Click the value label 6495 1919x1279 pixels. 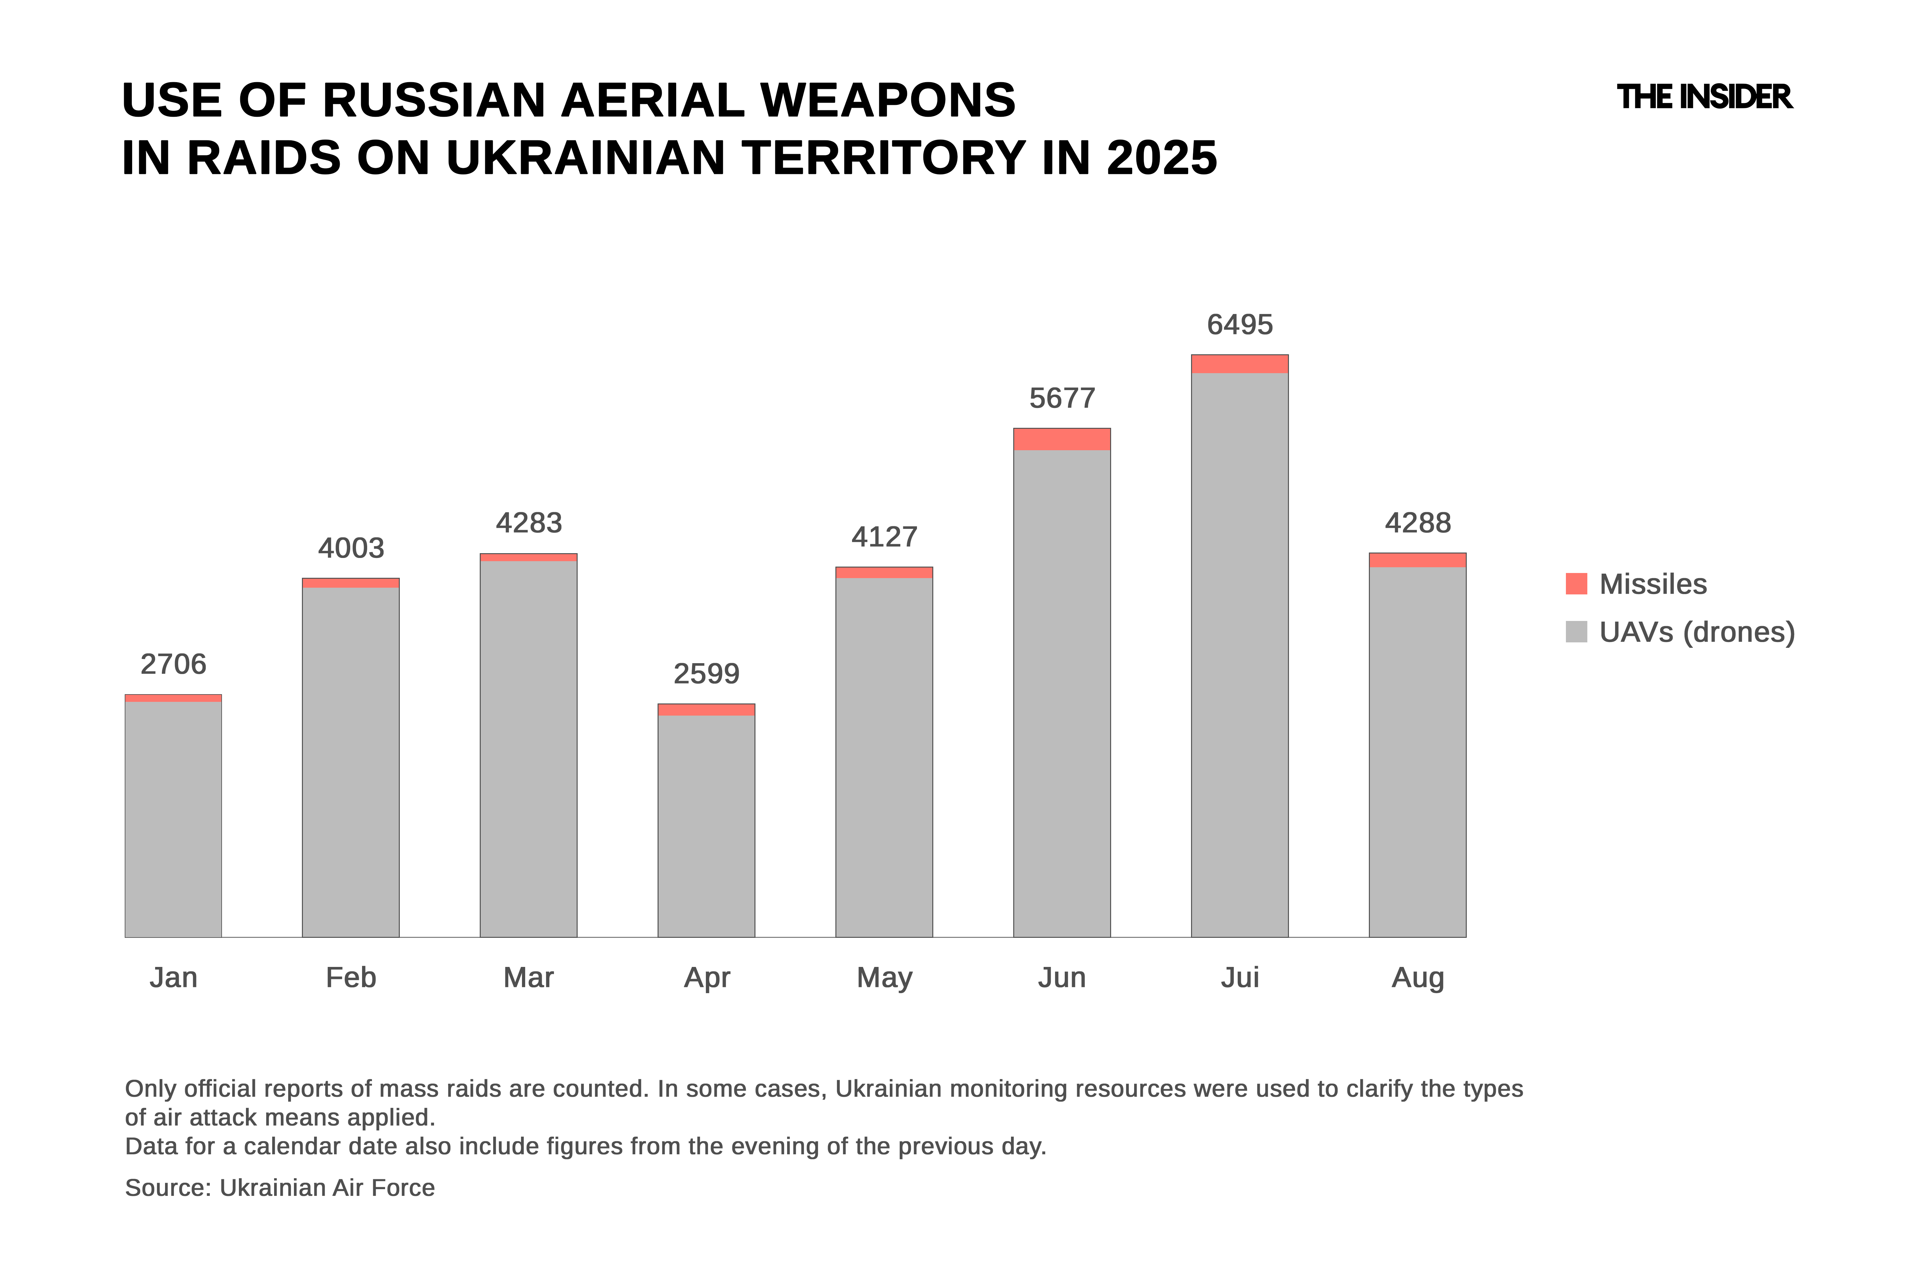tap(1239, 325)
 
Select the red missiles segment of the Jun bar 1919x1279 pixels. tap(1062, 439)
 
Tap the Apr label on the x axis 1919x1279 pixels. tap(707, 977)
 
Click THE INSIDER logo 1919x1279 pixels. tap(1704, 97)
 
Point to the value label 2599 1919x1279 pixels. tap(707, 674)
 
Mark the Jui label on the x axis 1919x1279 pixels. tap(1239, 977)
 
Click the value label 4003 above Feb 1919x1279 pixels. tap(351, 548)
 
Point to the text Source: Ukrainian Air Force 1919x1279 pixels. tap(280, 1188)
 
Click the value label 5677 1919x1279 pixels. tap(1062, 398)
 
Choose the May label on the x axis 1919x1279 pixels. tap(884, 977)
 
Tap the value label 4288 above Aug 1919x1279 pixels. tap(1417, 523)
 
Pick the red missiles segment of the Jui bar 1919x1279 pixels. tap(1239, 364)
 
